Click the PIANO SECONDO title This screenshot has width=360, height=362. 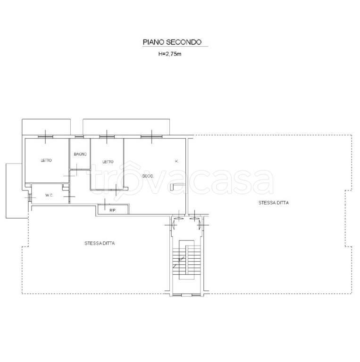(x=172, y=42)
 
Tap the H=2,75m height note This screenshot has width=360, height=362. (x=170, y=54)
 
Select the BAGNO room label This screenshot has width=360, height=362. (x=80, y=154)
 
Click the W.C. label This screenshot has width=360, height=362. (x=49, y=195)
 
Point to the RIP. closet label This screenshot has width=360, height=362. (x=112, y=210)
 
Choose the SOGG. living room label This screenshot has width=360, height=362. (x=148, y=176)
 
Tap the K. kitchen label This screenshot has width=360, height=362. (x=177, y=161)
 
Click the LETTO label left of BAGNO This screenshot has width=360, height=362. (x=46, y=160)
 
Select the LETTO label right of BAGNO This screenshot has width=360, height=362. (x=108, y=162)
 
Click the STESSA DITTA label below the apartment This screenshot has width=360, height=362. (x=100, y=243)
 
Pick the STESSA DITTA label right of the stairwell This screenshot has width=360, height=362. (x=274, y=203)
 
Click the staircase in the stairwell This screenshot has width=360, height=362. (x=187, y=260)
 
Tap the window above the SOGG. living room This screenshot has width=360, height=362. (x=151, y=137)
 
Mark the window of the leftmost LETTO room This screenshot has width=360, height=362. (x=45, y=137)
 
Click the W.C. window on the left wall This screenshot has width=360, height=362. (x=30, y=197)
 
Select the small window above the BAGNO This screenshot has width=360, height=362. (x=79, y=137)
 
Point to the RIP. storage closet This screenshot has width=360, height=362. (x=113, y=209)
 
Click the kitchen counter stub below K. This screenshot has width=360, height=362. (x=177, y=187)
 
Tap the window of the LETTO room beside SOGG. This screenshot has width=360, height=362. (x=107, y=137)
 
